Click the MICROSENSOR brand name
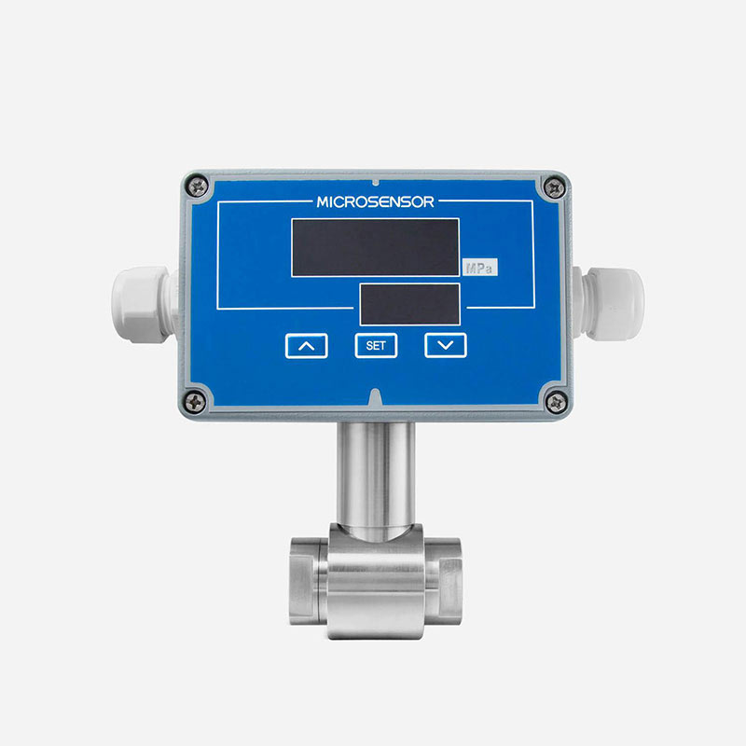click(375, 201)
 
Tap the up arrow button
click(307, 345)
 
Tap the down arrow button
click(446, 345)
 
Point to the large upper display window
click(375, 247)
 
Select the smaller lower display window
click(409, 304)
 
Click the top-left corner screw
click(195, 186)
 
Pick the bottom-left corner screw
click(196, 402)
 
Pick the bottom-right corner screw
click(554, 402)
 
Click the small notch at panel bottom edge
click(375, 397)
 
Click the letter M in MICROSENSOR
click(323, 201)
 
